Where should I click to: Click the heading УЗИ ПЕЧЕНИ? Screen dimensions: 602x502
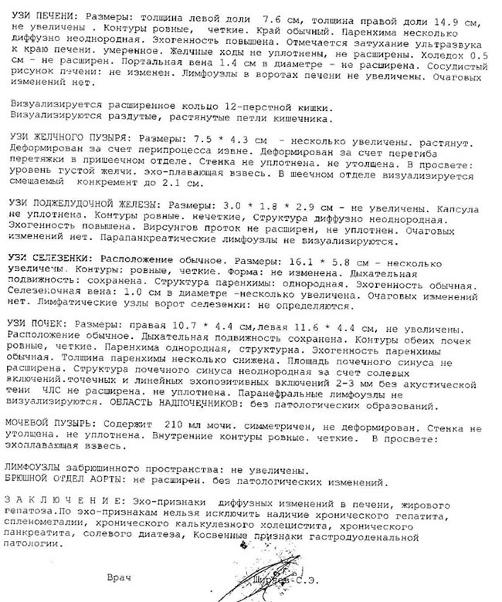point(39,15)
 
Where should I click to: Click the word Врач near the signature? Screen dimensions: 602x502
point(122,577)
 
